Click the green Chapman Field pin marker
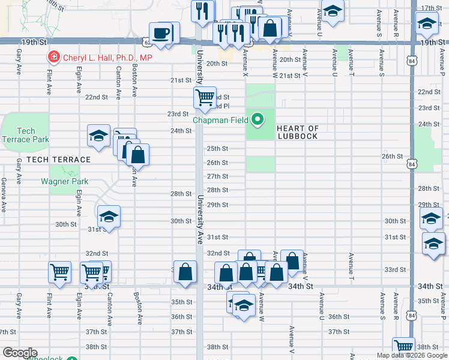click(258, 120)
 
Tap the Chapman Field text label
click(220, 120)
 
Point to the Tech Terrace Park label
click(25, 135)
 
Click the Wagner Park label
click(65, 181)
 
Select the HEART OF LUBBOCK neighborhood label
click(298, 132)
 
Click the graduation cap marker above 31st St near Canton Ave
click(109, 217)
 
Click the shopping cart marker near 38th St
click(404, 347)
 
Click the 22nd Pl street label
click(220, 106)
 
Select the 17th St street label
click(431, 8)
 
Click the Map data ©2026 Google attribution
click(411, 355)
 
